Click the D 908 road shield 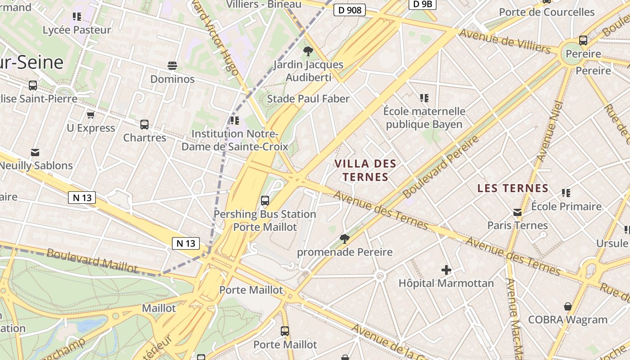tap(349, 10)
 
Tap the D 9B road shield tap(423, 4)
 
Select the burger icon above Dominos tap(172, 66)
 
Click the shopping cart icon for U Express tap(90, 115)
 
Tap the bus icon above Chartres tap(144, 124)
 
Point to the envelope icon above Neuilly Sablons tap(35, 153)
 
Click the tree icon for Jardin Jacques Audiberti tap(308, 51)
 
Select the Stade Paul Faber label tap(308, 99)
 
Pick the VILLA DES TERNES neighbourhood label tap(365, 170)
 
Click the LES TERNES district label tap(513, 188)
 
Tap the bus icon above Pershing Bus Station tap(265, 201)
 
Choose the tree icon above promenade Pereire tap(345, 239)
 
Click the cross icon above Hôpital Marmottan tap(446, 270)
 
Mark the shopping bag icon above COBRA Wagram tap(567, 306)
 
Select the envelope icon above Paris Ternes tap(517, 212)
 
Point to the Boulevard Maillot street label tap(92, 261)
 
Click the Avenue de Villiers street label tap(504, 40)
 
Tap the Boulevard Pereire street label tap(441, 167)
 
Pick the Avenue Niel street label tap(550, 131)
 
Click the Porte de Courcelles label tap(547, 12)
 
